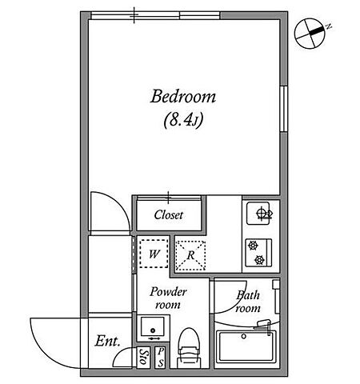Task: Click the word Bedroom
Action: coord(183,97)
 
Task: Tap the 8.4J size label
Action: coord(183,120)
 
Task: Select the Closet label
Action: coord(169,215)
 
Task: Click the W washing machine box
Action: coord(154,254)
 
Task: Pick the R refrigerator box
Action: coord(190,255)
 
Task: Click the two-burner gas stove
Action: coord(258,253)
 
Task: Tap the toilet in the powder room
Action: coord(189,348)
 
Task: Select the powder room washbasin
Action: coord(153,327)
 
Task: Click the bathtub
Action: coord(246,346)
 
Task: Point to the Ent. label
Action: coord(107,341)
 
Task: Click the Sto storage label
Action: coord(143,358)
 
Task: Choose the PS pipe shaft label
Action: coord(160,358)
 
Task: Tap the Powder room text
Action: coord(168,298)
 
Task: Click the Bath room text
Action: coord(248,302)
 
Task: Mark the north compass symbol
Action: coord(310,34)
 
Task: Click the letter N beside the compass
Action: coord(329,26)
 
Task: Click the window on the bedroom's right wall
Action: coord(284,109)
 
